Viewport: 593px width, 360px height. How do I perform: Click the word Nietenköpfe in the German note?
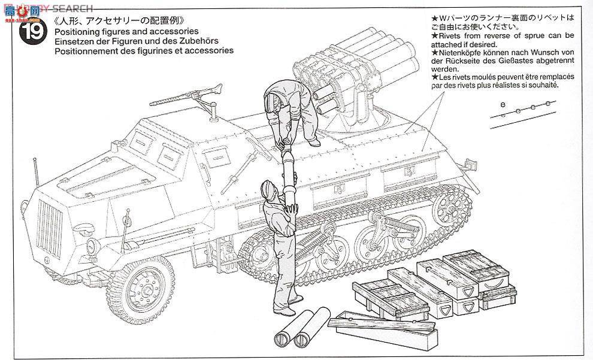(x=458, y=53)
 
